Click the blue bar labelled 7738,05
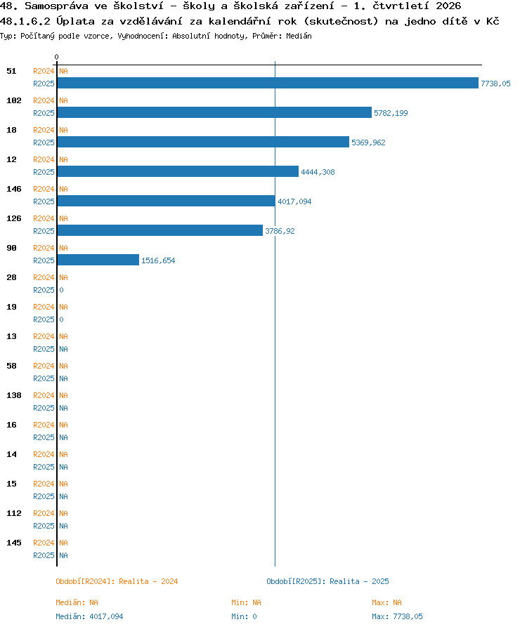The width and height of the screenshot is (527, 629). pyautogui.click(x=268, y=83)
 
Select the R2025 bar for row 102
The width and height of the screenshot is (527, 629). pyautogui.click(x=214, y=112)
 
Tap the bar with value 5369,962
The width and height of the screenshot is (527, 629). pyautogui.click(x=203, y=142)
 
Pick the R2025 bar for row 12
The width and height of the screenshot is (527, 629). pyautogui.click(x=178, y=171)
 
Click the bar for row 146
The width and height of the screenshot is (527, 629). pyautogui.click(x=167, y=201)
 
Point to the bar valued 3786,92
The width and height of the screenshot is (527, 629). pyautogui.click(x=160, y=230)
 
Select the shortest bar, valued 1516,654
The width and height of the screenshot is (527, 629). pyautogui.click(x=98, y=260)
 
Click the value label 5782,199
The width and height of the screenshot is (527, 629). pyautogui.click(x=391, y=113)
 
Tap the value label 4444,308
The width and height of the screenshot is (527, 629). pyautogui.click(x=318, y=172)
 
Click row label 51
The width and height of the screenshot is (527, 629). pyautogui.click(x=11, y=71)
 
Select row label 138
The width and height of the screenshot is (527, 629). pyautogui.click(x=13, y=395)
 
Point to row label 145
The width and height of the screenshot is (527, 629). pyautogui.click(x=13, y=543)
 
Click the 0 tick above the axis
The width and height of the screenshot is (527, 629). pyautogui.click(x=57, y=57)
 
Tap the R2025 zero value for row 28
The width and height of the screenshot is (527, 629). pyautogui.click(x=61, y=290)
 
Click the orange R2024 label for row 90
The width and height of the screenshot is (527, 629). pyautogui.click(x=44, y=248)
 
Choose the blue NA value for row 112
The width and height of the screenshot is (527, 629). pyautogui.click(x=63, y=526)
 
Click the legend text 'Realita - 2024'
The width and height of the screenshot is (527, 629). pyautogui.click(x=148, y=581)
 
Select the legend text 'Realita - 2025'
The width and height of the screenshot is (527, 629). pyautogui.click(x=359, y=581)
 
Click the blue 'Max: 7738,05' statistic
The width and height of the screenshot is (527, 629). pyautogui.click(x=397, y=616)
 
